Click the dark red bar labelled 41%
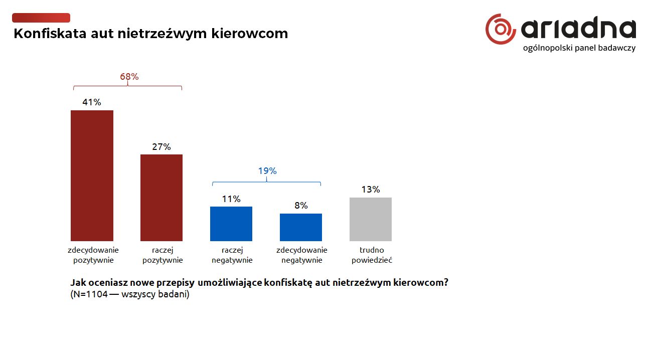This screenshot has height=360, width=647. [92, 175]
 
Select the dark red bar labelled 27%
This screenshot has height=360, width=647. [161, 198]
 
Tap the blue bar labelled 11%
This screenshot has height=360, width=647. [231, 224]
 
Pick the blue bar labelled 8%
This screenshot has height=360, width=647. [301, 227]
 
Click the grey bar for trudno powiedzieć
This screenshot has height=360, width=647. [371, 219]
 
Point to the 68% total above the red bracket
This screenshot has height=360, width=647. [129, 77]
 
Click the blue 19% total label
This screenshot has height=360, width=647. [267, 171]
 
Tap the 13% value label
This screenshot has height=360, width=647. [371, 190]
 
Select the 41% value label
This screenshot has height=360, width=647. [92, 102]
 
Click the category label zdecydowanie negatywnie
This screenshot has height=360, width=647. [302, 255]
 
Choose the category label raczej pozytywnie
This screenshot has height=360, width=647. [163, 255]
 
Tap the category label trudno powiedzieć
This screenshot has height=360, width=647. [372, 255]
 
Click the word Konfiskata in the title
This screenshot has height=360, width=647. [50, 34]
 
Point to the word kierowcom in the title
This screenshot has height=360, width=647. [250, 34]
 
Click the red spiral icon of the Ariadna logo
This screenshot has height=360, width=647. [501, 29]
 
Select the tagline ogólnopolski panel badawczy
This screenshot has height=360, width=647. [579, 48]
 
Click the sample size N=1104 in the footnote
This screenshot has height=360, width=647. [90, 294]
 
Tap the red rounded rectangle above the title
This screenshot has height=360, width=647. [41, 18]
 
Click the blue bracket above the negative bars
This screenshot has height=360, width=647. [266, 182]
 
